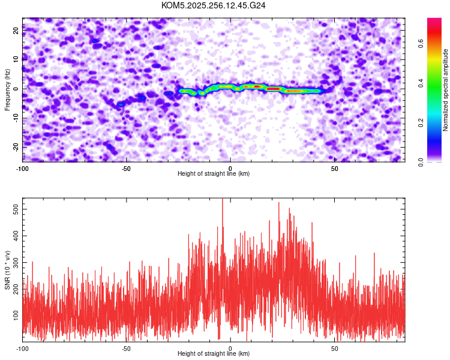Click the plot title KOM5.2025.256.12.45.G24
tap(213, 5)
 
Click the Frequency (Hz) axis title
tap(7, 90)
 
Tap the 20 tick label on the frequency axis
tap(16, 31)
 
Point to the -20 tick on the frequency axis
tap(16, 147)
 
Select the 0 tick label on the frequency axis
tap(16, 89)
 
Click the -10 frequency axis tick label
tap(16, 118)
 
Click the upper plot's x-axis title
tap(214, 173)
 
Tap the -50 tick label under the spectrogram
tap(126, 169)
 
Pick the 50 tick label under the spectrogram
tap(334, 169)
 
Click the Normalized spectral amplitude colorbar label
tap(445, 89)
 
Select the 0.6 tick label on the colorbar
tap(421, 44)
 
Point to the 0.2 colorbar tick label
tap(421, 122)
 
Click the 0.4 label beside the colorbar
tap(421, 83)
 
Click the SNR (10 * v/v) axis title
tap(7, 270)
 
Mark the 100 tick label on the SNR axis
tap(16, 316)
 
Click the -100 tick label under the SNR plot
tap(22, 349)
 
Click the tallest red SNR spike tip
tap(223, 199)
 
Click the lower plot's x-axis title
tap(214, 353)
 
